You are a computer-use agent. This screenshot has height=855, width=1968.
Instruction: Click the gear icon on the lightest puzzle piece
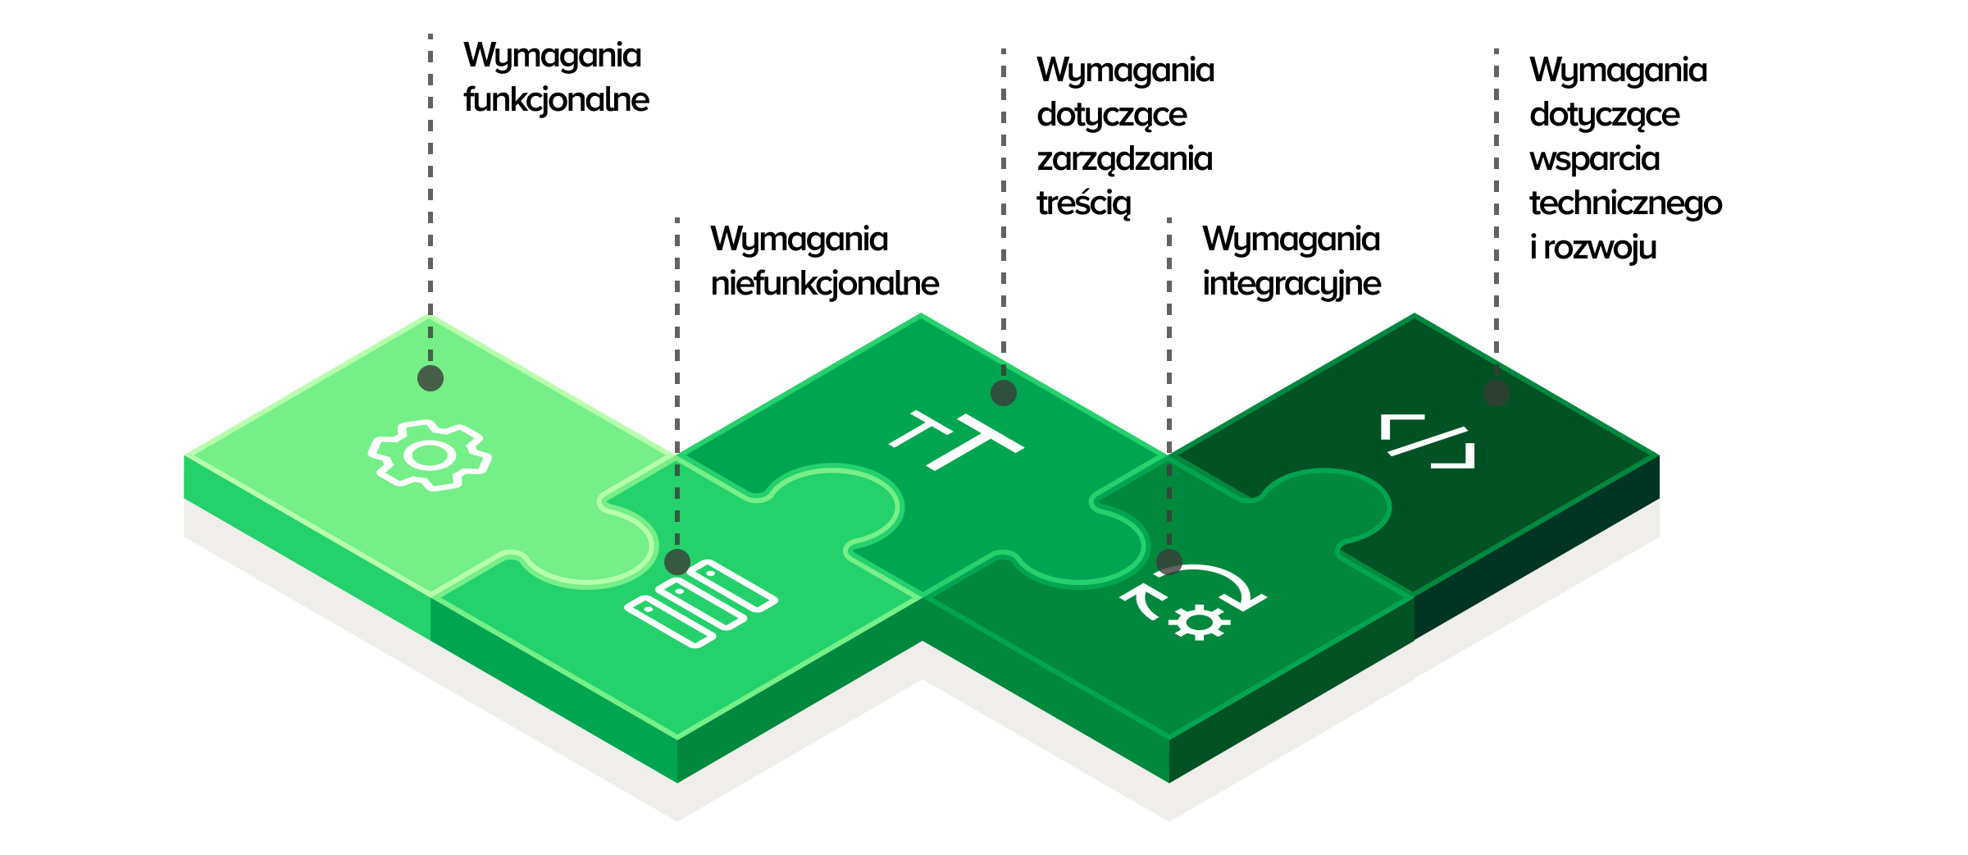[430, 455]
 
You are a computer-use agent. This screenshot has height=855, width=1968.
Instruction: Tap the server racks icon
[701, 603]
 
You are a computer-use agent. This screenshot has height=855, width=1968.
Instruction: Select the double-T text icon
[956, 441]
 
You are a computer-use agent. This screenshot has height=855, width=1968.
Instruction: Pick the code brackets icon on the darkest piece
[1428, 441]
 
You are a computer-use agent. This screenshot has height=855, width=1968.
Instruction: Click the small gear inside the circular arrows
[1199, 622]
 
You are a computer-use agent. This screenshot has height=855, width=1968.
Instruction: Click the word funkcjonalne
[556, 100]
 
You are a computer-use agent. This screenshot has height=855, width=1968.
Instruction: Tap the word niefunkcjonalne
[824, 284]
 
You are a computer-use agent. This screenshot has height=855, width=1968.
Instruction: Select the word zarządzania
[1124, 159]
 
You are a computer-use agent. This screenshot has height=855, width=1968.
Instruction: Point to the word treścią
[1083, 203]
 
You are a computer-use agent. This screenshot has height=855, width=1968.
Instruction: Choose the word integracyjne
[1291, 284]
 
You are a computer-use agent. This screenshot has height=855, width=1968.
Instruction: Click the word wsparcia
[1594, 159]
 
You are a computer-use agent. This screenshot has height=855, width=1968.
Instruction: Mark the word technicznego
[1625, 203]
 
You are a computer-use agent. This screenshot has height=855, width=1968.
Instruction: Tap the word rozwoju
[1600, 248]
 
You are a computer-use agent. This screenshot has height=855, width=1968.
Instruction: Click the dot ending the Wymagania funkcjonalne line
[430, 378]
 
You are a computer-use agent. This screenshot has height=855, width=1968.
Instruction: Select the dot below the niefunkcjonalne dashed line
[677, 562]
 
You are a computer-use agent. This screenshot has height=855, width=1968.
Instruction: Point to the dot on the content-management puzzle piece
[1004, 393]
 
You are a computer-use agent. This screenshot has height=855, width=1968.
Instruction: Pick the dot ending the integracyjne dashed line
[1169, 562]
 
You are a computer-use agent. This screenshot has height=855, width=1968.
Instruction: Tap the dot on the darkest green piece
[1496, 393]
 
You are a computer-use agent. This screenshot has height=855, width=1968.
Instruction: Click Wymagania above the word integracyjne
[1291, 240]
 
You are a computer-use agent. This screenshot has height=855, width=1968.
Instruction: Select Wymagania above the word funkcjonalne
[552, 56]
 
